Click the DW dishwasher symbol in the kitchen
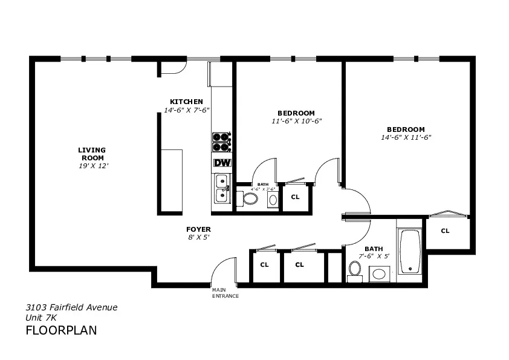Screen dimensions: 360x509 (x=222, y=163)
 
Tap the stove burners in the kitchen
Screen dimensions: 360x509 (x=222, y=142)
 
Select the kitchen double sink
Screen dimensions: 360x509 (x=222, y=187)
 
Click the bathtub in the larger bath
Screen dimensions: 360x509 (x=410, y=251)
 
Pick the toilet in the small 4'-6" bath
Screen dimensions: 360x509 (x=250, y=198)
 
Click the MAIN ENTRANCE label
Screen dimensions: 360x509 (x=225, y=293)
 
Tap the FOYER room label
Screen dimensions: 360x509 (x=198, y=229)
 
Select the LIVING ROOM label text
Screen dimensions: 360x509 (x=92, y=154)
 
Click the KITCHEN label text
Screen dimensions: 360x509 (x=186, y=101)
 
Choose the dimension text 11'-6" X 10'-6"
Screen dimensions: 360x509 (x=296, y=121)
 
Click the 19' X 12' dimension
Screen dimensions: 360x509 (x=93, y=166)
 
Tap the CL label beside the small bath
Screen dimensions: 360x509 (x=295, y=197)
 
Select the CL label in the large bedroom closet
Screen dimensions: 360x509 (x=445, y=231)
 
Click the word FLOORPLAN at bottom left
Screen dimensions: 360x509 (x=61, y=330)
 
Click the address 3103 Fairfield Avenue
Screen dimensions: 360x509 (x=71, y=307)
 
